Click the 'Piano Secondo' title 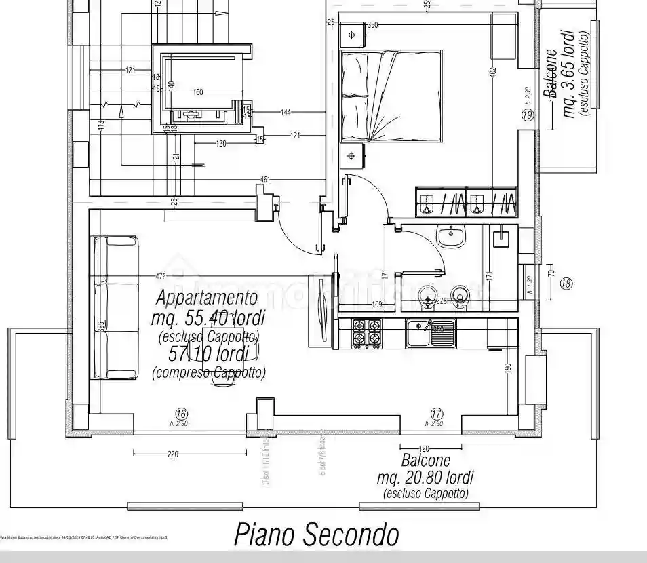point(317,535)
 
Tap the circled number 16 point(180,413)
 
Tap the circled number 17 point(437,413)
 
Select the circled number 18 point(566,284)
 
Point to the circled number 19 point(528,115)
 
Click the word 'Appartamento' point(207,297)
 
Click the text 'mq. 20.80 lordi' point(425,478)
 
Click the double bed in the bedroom point(391,96)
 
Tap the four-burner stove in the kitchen point(368,333)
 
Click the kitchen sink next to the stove point(431,333)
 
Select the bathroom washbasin point(450,236)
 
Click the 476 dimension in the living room point(161,276)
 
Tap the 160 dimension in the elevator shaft point(198,92)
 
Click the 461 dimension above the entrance point(265,180)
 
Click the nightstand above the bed point(352,35)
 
